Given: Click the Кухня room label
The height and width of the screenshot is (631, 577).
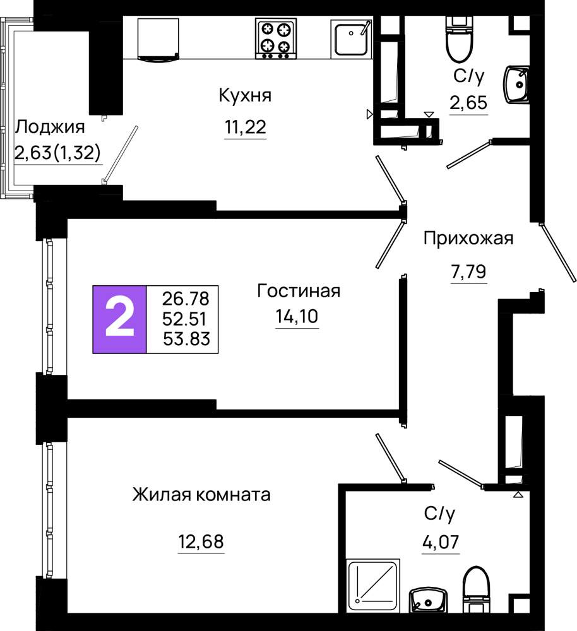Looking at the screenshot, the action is click(x=245, y=95).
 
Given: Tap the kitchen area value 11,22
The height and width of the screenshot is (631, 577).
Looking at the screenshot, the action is click(x=245, y=127).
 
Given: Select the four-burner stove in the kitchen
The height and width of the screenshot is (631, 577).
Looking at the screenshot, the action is click(x=276, y=38).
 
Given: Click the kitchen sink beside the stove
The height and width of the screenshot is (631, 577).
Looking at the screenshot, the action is click(x=351, y=38).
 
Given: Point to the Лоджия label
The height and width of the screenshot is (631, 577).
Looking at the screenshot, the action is click(x=50, y=127).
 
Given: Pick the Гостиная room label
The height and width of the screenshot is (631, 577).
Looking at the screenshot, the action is click(x=299, y=291).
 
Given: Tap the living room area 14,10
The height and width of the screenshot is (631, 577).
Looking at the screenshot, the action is click(x=297, y=316).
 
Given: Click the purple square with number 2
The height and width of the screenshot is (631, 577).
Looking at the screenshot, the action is click(x=119, y=319).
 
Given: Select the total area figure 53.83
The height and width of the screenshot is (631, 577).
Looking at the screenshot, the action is click(x=186, y=338).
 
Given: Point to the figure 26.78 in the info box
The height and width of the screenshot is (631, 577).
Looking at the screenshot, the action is click(x=186, y=298).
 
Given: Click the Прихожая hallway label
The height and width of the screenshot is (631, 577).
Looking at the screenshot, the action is click(x=468, y=239).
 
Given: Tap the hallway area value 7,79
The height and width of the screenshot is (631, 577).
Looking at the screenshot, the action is click(x=468, y=271).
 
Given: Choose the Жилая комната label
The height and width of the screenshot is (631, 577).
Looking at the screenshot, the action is click(x=201, y=495).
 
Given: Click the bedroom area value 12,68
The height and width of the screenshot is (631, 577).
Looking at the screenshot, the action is click(x=201, y=541).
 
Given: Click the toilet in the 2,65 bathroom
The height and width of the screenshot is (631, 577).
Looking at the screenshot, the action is click(x=460, y=39).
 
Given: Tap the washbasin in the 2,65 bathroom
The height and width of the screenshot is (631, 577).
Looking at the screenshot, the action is click(x=516, y=85).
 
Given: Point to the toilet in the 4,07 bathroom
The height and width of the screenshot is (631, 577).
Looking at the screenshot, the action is click(x=477, y=589).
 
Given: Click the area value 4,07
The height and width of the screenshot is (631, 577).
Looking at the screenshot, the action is click(x=441, y=542).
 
